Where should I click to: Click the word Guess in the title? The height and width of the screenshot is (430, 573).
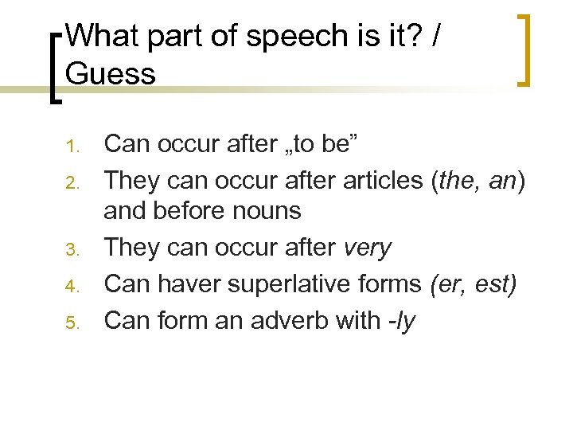tap(111, 74)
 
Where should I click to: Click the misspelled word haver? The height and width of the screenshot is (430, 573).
tap(187, 283)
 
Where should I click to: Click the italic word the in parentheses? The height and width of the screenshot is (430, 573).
tap(456, 180)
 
